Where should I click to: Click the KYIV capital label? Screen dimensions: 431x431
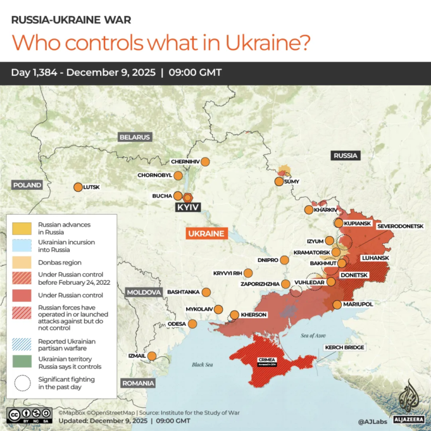(188, 208)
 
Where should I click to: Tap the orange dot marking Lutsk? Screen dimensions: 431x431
(78, 187)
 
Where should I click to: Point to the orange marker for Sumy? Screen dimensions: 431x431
(278, 182)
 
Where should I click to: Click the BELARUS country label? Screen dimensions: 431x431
(135, 137)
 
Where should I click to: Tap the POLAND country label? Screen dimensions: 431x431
(27, 185)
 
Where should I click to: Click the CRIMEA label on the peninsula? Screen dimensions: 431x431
(266, 360)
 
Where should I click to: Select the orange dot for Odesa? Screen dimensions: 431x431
(192, 324)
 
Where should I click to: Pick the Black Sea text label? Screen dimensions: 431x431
(203, 365)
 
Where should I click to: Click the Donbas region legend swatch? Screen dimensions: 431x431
(22, 262)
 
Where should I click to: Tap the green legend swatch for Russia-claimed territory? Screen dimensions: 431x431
(22, 363)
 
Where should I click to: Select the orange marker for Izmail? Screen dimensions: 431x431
(152, 356)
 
